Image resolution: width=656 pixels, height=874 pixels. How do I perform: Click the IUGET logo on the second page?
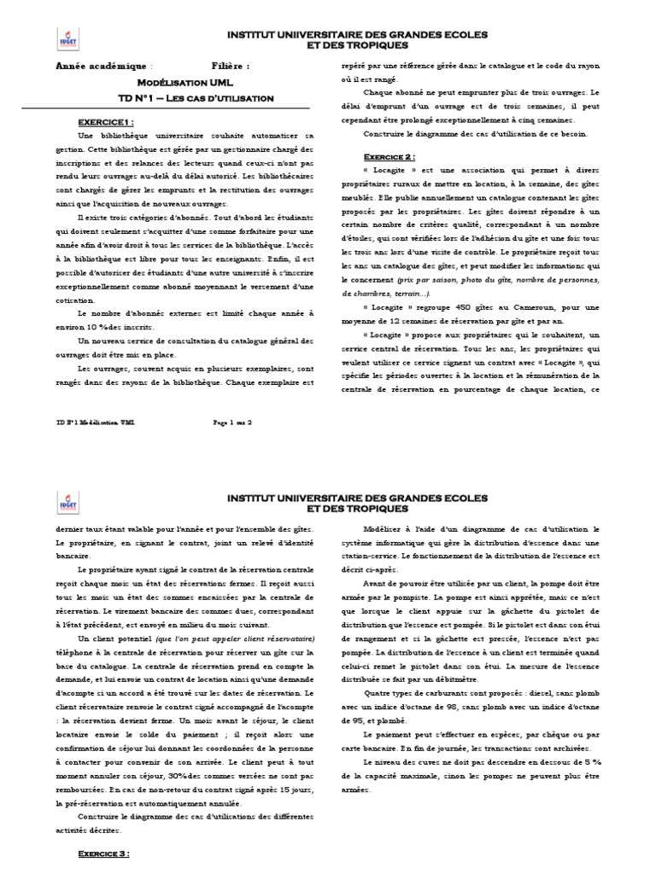[x=66, y=504]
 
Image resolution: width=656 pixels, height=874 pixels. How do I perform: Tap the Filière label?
[x=230, y=66]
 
